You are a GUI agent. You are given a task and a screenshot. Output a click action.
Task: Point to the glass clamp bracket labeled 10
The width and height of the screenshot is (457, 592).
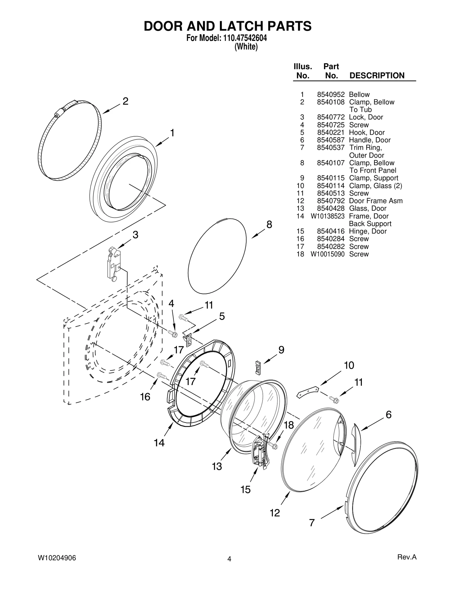point(308,391)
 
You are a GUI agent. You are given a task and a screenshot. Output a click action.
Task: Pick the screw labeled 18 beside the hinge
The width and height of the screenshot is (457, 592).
point(273,446)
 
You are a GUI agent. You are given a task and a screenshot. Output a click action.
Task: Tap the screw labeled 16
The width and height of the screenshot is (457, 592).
point(162,375)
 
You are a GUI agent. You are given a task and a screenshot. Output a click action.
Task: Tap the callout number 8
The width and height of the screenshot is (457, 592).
point(269,224)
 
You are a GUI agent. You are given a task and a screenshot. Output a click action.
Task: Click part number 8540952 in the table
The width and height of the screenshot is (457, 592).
point(331,94)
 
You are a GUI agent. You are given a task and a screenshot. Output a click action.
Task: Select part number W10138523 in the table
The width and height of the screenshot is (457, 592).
point(328,216)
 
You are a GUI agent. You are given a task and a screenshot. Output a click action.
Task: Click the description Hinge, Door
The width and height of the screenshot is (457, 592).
point(368,231)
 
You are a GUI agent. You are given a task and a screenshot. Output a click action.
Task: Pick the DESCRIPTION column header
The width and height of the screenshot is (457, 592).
point(377,75)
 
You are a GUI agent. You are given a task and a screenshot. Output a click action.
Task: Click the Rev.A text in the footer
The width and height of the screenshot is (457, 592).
point(407,557)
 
